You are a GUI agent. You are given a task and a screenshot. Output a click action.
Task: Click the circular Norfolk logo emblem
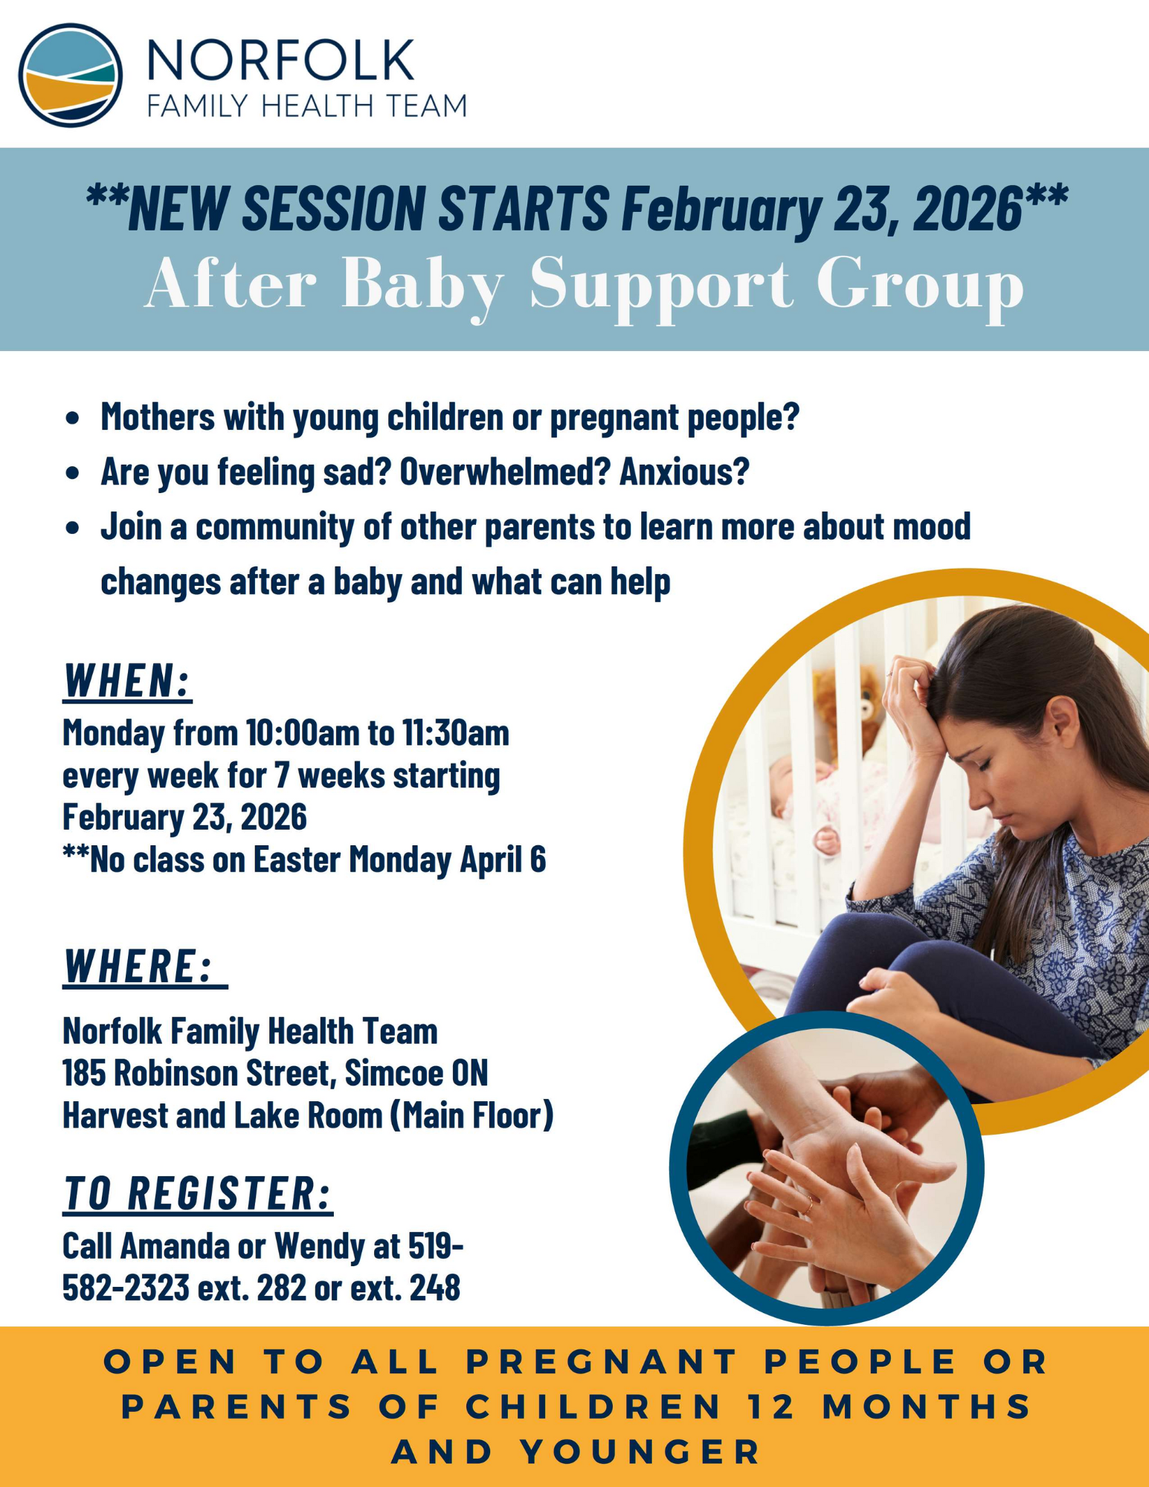click(x=71, y=75)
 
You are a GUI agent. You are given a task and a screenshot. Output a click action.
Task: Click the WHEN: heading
click(x=127, y=680)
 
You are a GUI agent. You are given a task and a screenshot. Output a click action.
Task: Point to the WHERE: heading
click(x=145, y=966)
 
